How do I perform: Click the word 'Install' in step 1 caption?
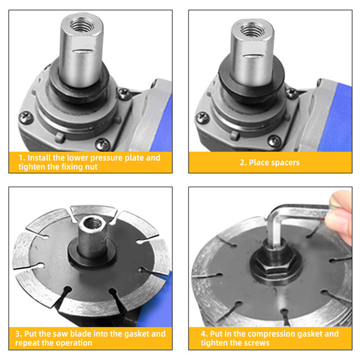point(39,157)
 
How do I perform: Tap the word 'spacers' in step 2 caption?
point(286,163)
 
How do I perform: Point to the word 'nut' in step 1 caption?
point(91,167)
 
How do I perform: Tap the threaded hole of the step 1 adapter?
point(82,25)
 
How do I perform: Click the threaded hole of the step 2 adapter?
point(252,30)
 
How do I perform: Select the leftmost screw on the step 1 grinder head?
point(26,118)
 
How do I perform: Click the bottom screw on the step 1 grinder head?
point(102,145)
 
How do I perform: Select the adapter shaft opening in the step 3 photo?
point(93,222)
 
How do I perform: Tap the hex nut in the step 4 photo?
point(276,265)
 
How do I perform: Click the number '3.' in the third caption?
point(19,334)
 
